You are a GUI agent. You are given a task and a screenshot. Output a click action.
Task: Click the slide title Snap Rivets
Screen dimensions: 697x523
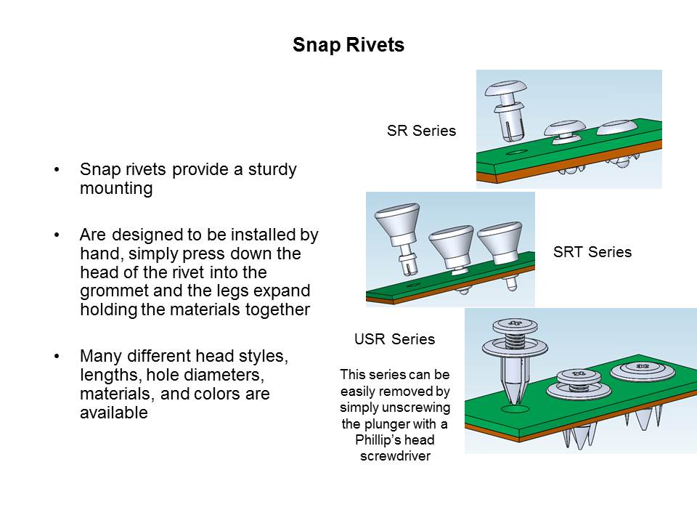pos(348,45)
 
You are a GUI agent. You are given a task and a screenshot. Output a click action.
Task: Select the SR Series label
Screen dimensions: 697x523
pos(421,131)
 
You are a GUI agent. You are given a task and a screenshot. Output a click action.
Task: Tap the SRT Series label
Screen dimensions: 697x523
pos(592,252)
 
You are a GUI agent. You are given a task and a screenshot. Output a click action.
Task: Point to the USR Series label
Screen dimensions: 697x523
pos(395,339)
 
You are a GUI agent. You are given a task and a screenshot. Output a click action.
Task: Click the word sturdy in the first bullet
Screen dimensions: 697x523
pos(272,170)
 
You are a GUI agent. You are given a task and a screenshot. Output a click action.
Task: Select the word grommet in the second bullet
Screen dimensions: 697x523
pos(114,291)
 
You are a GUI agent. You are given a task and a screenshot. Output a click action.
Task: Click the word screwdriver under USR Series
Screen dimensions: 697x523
pos(395,456)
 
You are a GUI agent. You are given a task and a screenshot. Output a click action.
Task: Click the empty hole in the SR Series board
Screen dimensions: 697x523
pos(516,153)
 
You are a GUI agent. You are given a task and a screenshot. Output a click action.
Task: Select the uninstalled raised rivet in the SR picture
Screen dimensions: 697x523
pos(506,110)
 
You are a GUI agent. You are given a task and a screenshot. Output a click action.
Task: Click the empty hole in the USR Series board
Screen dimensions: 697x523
pos(515,409)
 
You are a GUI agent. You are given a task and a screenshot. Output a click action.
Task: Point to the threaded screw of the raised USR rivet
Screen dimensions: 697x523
pos(515,342)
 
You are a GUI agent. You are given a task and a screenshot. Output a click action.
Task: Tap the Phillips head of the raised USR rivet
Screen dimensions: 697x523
pos(515,323)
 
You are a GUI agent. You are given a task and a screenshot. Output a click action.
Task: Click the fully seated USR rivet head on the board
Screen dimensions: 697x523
pos(643,370)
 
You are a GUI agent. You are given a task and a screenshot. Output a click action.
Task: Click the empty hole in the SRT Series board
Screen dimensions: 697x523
pos(413,285)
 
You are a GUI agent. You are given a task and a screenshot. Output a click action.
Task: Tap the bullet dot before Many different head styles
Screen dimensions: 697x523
pos(57,357)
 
